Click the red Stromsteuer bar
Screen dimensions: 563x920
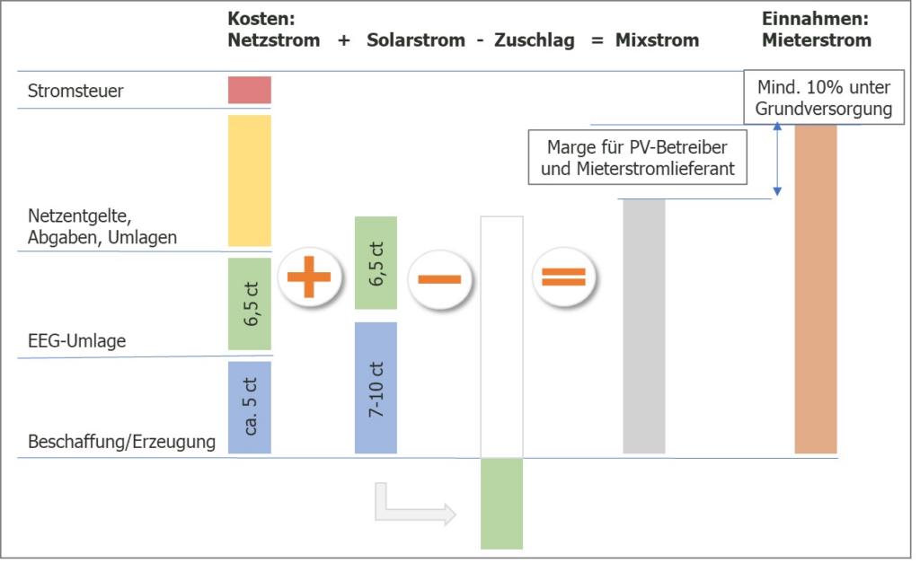[249, 90]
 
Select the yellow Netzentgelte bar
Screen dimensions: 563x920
[249, 180]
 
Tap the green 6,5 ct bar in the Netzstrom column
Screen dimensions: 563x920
[249, 303]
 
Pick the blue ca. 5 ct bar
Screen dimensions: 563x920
[249, 408]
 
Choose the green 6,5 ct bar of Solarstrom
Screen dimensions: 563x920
[376, 262]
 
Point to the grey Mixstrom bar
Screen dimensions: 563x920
[643, 326]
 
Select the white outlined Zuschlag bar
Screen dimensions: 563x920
[501, 337]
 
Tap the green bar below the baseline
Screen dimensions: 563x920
[501, 503]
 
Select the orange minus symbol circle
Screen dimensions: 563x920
[438, 278]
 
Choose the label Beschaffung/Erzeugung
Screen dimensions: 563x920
[122, 442]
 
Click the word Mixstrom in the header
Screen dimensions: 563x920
[657, 40]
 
